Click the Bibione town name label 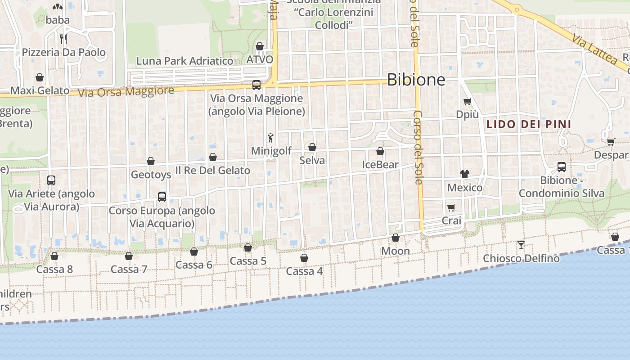coord(416,80)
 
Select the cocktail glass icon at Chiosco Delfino coord(521,245)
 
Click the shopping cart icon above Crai coord(451,207)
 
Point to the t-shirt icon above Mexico coord(464,174)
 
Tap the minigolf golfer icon coord(270,138)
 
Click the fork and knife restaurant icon coord(63,39)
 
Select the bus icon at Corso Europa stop coord(162,197)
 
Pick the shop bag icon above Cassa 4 coord(304,258)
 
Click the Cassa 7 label coord(129,270)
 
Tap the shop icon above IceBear coord(380,151)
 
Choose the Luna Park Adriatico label coord(184,61)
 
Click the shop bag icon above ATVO coord(260,46)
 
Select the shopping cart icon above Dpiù coord(467,101)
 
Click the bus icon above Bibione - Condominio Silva coord(562,167)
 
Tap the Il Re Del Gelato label coord(212,171)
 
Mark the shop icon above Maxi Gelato coord(40,77)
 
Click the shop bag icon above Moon coord(396,238)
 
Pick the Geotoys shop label coord(151,174)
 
